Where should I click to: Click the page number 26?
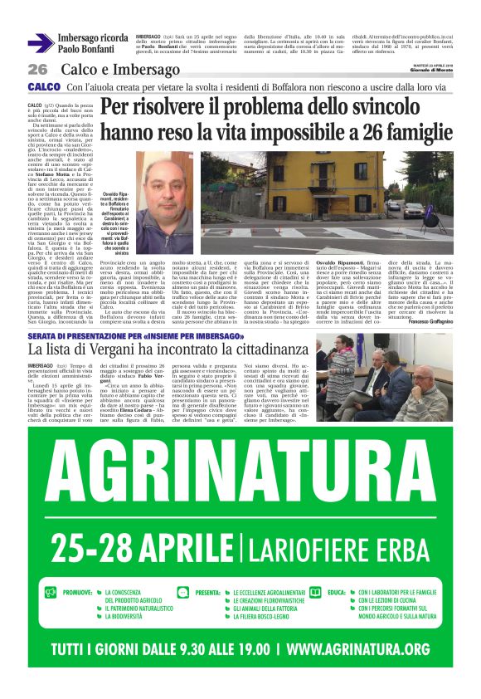(x=38, y=69)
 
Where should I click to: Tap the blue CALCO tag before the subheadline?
(x=43, y=86)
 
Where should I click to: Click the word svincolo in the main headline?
(x=383, y=107)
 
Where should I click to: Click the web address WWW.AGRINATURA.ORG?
(x=346, y=648)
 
